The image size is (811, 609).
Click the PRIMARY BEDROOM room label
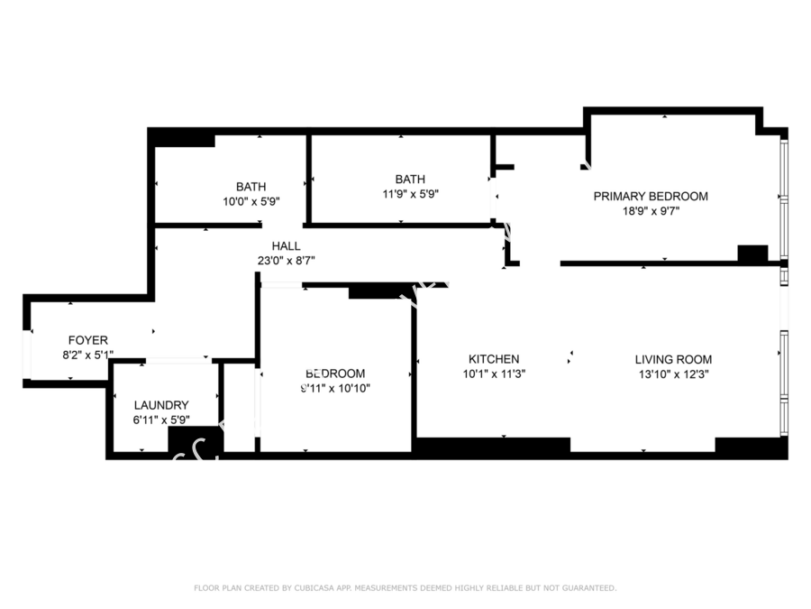click(650, 196)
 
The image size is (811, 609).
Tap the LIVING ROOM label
click(673, 359)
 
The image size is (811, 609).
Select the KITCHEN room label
click(493, 359)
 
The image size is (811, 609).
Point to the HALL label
click(286, 245)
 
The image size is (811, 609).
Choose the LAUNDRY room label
click(161, 405)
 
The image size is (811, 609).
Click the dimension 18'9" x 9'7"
click(650, 211)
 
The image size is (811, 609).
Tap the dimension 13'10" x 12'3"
click(673, 374)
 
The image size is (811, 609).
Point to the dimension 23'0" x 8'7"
click(286, 261)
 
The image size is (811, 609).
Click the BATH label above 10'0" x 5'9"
click(251, 187)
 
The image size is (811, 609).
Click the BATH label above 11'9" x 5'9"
click(410, 179)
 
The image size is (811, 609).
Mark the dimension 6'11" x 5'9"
click(161, 420)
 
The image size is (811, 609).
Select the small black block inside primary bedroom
click(752, 254)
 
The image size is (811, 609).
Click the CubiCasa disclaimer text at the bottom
click(405, 588)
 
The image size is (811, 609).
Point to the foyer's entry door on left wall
click(27, 356)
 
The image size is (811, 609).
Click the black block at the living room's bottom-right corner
click(750, 446)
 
